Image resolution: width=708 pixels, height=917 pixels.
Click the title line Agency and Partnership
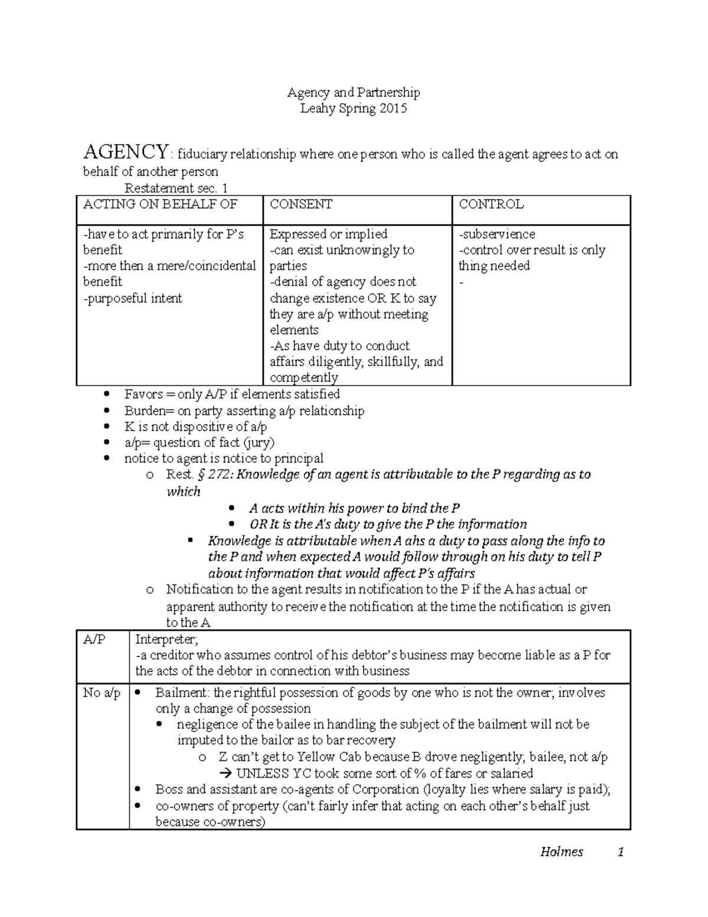[353, 92]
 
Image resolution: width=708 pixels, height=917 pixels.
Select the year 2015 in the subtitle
[393, 109]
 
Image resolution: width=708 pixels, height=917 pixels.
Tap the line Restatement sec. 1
[176, 188]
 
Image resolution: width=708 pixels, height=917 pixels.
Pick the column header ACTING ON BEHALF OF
[160, 204]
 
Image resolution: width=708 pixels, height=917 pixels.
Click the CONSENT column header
[301, 204]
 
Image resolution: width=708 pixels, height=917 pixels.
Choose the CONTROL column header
[491, 204]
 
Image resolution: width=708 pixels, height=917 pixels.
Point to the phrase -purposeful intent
[133, 298]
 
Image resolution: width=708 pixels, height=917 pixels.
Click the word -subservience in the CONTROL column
[497, 234]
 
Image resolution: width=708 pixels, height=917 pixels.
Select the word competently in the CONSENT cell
[304, 377]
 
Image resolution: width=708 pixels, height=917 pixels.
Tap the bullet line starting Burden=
[244, 410]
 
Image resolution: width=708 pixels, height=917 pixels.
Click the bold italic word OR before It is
[258, 524]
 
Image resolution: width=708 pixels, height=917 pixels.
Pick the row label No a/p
[101, 693]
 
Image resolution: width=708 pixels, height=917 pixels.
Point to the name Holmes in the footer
[561, 851]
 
